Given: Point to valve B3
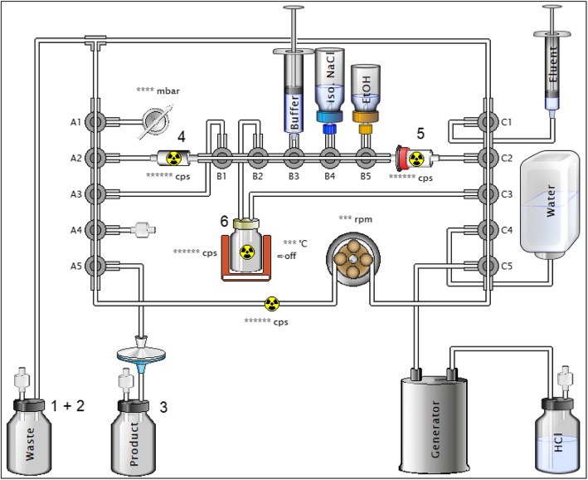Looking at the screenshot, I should coord(293,155).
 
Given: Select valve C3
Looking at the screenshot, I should coord(488,195).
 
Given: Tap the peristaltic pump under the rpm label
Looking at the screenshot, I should coord(354,259).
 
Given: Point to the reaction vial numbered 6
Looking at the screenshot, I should coord(245,249).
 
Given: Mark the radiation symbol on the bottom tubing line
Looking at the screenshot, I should coord(271,303).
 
